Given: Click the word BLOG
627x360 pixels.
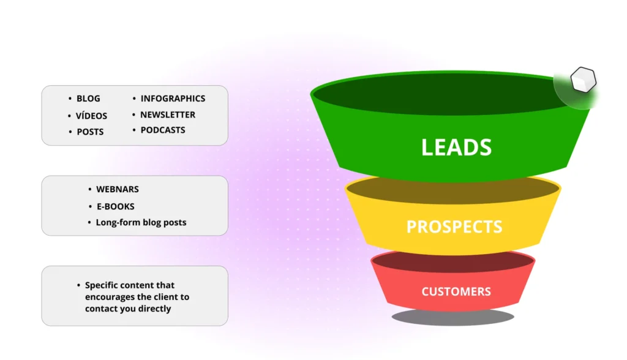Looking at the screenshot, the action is [x=88, y=99].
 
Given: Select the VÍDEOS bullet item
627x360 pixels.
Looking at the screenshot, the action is [x=92, y=116].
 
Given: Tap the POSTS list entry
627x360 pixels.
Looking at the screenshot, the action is [x=91, y=132].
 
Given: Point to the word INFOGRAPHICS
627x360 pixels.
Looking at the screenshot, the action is [x=173, y=99].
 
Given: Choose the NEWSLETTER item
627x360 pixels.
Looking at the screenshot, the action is [x=168, y=115].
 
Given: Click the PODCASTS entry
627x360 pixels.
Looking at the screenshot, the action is [x=163, y=130].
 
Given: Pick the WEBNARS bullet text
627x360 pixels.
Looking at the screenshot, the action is [x=118, y=189].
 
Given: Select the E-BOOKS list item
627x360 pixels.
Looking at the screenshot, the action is [x=116, y=206].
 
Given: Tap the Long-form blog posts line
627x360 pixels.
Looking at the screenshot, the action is [x=141, y=222].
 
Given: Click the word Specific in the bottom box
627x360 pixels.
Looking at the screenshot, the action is [x=101, y=285].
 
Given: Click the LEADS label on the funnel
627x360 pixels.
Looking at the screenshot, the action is [x=456, y=147].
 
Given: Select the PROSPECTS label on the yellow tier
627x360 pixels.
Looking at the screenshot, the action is [x=454, y=227].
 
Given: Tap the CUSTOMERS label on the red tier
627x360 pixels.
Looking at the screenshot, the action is [x=456, y=291].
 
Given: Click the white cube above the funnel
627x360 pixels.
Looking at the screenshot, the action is [x=584, y=80].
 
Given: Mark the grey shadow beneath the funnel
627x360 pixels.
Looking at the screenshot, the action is [x=452, y=317].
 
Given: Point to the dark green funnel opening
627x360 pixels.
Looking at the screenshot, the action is [x=440, y=94].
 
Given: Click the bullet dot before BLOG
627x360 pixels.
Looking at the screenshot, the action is [x=70, y=99].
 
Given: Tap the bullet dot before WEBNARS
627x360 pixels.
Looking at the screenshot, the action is [x=89, y=189].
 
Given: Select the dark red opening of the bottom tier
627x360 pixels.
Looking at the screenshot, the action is [x=452, y=262].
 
